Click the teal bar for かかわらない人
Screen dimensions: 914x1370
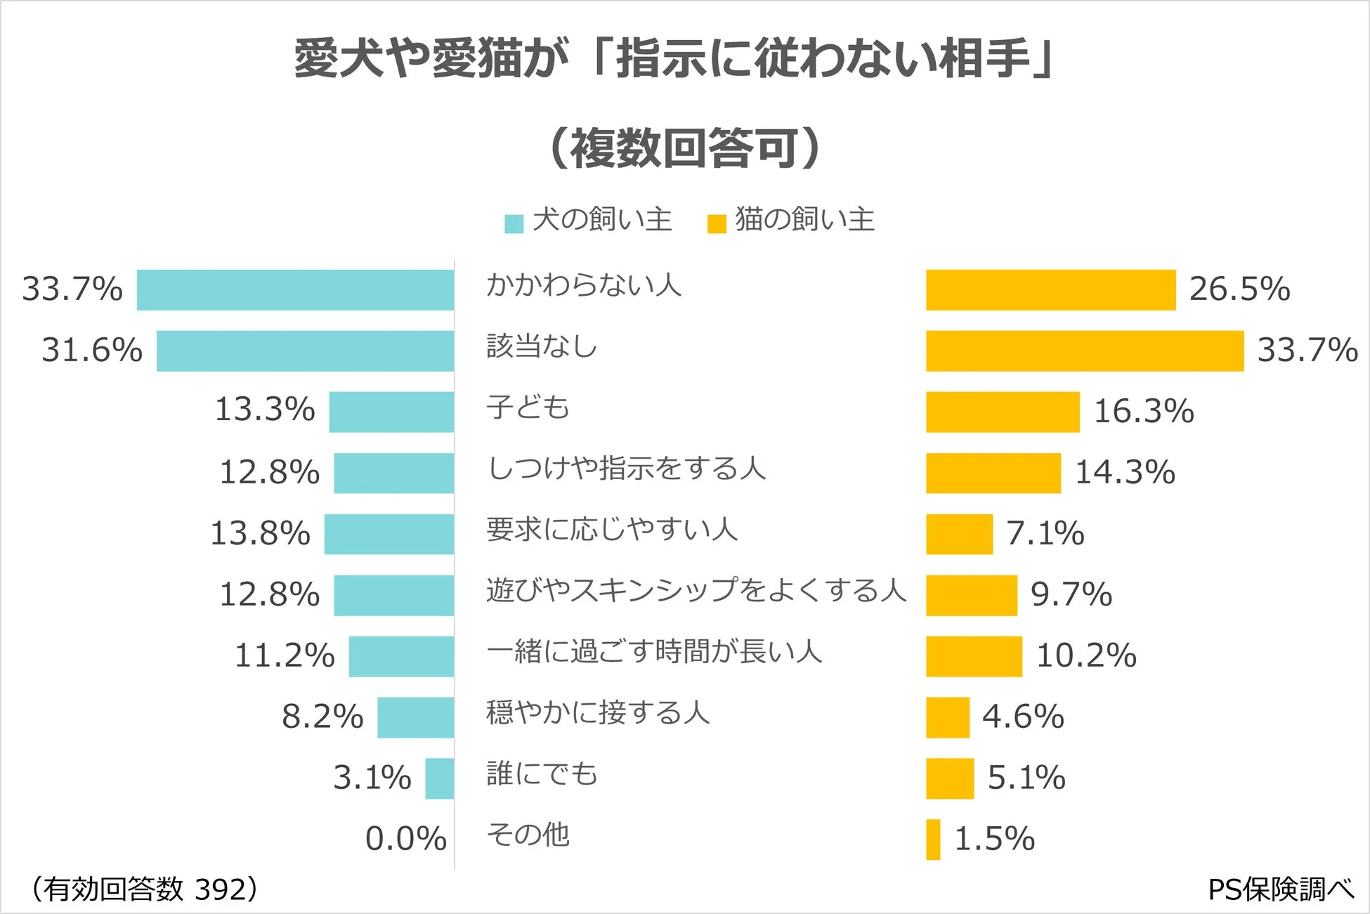coord(295,289)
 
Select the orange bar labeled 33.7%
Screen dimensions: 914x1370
coord(1084,351)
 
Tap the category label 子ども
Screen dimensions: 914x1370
coord(528,407)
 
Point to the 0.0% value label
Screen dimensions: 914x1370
coord(405,838)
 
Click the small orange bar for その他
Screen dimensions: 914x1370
coord(933,839)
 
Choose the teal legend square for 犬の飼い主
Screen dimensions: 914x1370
coord(514,223)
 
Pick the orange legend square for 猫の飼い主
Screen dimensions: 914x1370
coord(717,223)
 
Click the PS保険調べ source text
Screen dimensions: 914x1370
coord(1280,889)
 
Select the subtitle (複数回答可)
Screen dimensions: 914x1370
coord(684,148)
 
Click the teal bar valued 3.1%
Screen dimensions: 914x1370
coord(439,778)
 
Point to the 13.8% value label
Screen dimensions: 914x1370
coord(260,533)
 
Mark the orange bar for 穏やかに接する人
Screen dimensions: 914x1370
coord(947,717)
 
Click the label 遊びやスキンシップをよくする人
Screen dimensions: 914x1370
coord(696,590)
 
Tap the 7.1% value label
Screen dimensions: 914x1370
coord(1045,533)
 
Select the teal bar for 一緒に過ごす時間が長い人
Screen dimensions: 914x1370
coord(401,656)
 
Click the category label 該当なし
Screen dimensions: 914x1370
coord(542,346)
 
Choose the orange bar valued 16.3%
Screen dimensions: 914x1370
coord(1003,412)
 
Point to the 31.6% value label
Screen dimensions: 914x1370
coord(91,350)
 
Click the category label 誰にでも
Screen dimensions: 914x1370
coord(542,773)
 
